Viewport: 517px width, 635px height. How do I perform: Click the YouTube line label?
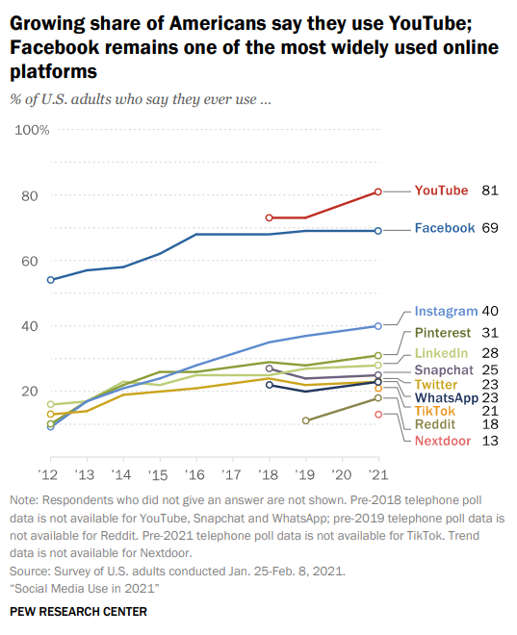click(440, 190)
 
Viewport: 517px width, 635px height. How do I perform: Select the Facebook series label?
click(444, 228)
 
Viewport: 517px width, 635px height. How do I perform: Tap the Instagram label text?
click(446, 311)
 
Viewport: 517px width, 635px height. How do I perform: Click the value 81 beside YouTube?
click(489, 190)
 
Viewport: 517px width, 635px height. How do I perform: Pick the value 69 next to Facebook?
click(489, 228)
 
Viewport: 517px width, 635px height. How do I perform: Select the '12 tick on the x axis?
click(50, 474)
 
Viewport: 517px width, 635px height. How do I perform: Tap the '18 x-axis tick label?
click(270, 474)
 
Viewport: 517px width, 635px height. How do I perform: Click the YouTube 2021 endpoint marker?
click(378, 191)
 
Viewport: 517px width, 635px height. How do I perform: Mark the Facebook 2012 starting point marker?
click(50, 280)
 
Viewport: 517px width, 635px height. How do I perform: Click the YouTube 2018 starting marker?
click(270, 217)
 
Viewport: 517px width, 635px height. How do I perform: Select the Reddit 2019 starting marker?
click(306, 420)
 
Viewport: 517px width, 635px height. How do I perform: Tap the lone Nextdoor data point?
click(378, 414)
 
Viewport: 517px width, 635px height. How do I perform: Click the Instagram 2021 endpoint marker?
click(378, 326)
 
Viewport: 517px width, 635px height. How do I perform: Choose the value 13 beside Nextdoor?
click(489, 441)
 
